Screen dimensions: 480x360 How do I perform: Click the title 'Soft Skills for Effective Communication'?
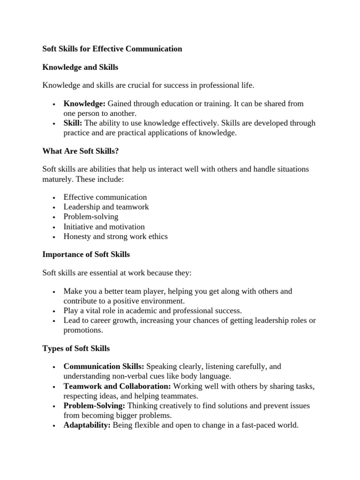pos(112,49)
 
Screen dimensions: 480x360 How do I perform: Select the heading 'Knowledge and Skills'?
pos(80,67)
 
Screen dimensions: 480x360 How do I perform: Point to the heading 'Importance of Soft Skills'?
pos(86,255)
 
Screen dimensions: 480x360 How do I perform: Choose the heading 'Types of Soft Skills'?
pos(76,348)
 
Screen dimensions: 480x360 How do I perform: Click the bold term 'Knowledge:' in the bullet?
pos(84,104)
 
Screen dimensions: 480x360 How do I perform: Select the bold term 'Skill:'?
pos(73,123)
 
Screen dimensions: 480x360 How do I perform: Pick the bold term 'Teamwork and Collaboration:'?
pos(117,386)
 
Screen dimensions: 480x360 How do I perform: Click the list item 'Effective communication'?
pos(105,197)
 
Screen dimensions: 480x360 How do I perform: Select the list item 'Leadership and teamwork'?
pos(106,207)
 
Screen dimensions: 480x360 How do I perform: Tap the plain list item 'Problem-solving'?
pos(91,217)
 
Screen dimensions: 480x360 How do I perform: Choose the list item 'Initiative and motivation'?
pos(104,227)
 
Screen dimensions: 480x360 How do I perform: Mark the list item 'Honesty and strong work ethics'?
pos(115,237)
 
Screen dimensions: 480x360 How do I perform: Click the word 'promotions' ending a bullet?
pos(83,330)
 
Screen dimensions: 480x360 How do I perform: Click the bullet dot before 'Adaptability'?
pos(55,426)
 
